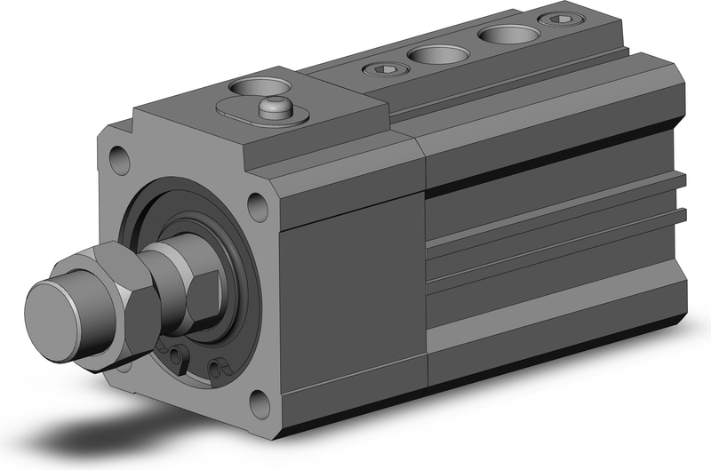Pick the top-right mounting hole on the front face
point(257,207)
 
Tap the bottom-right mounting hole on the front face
point(258,404)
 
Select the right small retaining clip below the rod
point(216,365)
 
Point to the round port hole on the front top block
point(260,88)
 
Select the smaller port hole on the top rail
point(438,54)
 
